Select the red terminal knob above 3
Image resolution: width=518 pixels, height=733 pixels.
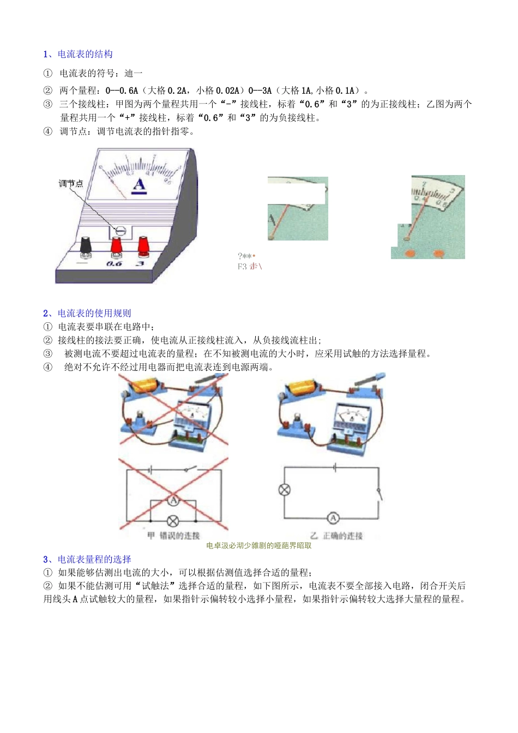(143, 245)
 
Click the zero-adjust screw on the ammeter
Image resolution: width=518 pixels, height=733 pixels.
(121, 231)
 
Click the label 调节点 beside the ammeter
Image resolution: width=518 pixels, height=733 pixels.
(71, 184)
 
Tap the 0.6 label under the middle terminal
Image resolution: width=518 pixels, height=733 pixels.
(114, 263)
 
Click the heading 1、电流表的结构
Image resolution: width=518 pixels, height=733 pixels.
(78, 54)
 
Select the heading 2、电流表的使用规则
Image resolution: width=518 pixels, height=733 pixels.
(87, 313)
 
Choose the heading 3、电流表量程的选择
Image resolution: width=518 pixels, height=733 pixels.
(87, 559)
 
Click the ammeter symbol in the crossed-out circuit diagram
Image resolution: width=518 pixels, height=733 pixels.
(173, 500)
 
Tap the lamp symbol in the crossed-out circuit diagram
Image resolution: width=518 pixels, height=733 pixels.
(173, 521)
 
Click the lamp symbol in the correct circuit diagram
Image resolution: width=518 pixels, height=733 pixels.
(285, 490)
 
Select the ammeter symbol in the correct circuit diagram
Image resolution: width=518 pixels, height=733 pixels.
(333, 518)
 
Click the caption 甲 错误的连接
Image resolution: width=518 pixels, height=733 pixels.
(173, 536)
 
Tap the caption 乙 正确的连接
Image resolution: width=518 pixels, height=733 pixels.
(336, 536)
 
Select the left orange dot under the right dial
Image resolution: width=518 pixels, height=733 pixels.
(410, 253)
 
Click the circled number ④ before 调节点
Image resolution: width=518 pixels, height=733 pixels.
(48, 131)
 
